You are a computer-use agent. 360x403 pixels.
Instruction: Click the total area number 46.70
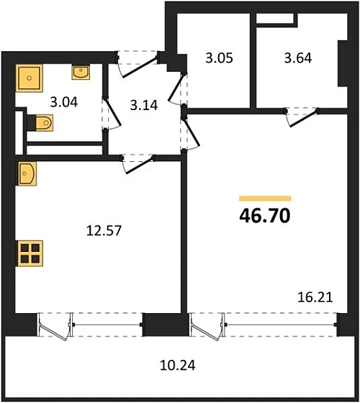pyautogui.click(x=265, y=214)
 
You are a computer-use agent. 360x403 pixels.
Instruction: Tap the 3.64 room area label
pyautogui.click(x=296, y=58)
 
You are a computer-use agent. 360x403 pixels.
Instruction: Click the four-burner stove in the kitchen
pyautogui.click(x=30, y=253)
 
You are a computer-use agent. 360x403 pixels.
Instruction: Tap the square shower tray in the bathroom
pyautogui.click(x=30, y=76)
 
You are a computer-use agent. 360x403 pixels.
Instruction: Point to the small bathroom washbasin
pyautogui.click(x=80, y=72)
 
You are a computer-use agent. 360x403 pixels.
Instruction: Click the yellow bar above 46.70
pyautogui.click(x=265, y=197)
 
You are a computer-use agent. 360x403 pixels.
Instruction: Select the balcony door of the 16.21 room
pyautogui.click(x=207, y=327)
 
